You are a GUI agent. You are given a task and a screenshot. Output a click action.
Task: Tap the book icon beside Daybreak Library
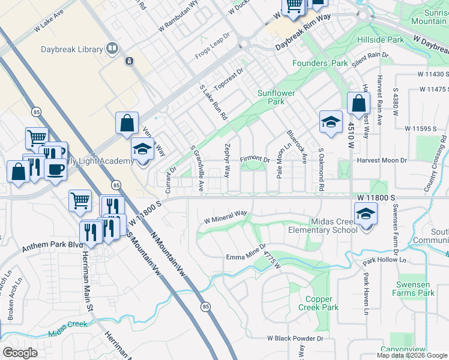(x=111, y=47)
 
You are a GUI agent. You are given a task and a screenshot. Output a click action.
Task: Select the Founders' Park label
(x=320, y=63)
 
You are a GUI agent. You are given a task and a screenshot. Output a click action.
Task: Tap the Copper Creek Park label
(x=318, y=303)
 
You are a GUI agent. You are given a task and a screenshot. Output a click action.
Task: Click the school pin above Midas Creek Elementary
(x=366, y=213)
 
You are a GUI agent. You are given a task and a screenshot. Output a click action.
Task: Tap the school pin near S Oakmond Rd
(x=330, y=122)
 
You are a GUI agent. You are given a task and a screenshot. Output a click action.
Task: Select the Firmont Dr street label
(x=255, y=159)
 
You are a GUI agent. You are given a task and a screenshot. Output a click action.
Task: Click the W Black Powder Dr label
(x=296, y=338)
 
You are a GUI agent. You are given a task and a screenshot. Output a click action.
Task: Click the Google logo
(x=20, y=353)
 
